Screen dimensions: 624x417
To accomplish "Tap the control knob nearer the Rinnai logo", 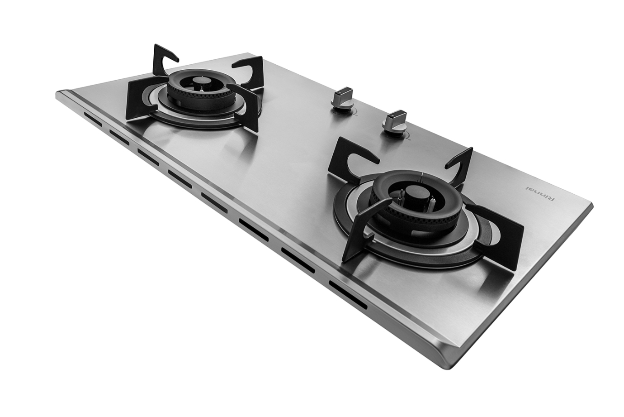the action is (395, 123).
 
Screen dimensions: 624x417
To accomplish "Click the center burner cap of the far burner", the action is (199, 82).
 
